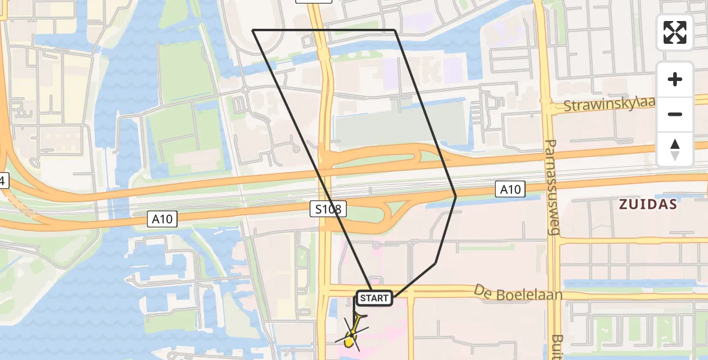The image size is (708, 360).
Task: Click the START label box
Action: point(375,298)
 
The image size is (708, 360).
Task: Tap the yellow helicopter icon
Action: point(352,336)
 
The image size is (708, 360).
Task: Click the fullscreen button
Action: point(675,32)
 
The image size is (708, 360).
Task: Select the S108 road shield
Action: point(329,209)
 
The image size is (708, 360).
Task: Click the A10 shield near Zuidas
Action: point(510,190)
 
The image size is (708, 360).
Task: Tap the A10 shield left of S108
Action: point(162,219)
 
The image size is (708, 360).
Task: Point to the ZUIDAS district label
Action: point(648,205)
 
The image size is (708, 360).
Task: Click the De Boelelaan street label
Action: point(518,294)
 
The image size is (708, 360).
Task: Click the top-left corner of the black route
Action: point(253,30)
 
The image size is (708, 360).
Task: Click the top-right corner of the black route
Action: point(395,30)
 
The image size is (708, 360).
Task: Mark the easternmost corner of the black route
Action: point(456,196)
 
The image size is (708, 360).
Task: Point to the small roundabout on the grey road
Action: point(245,91)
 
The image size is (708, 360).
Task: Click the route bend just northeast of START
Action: point(436,262)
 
